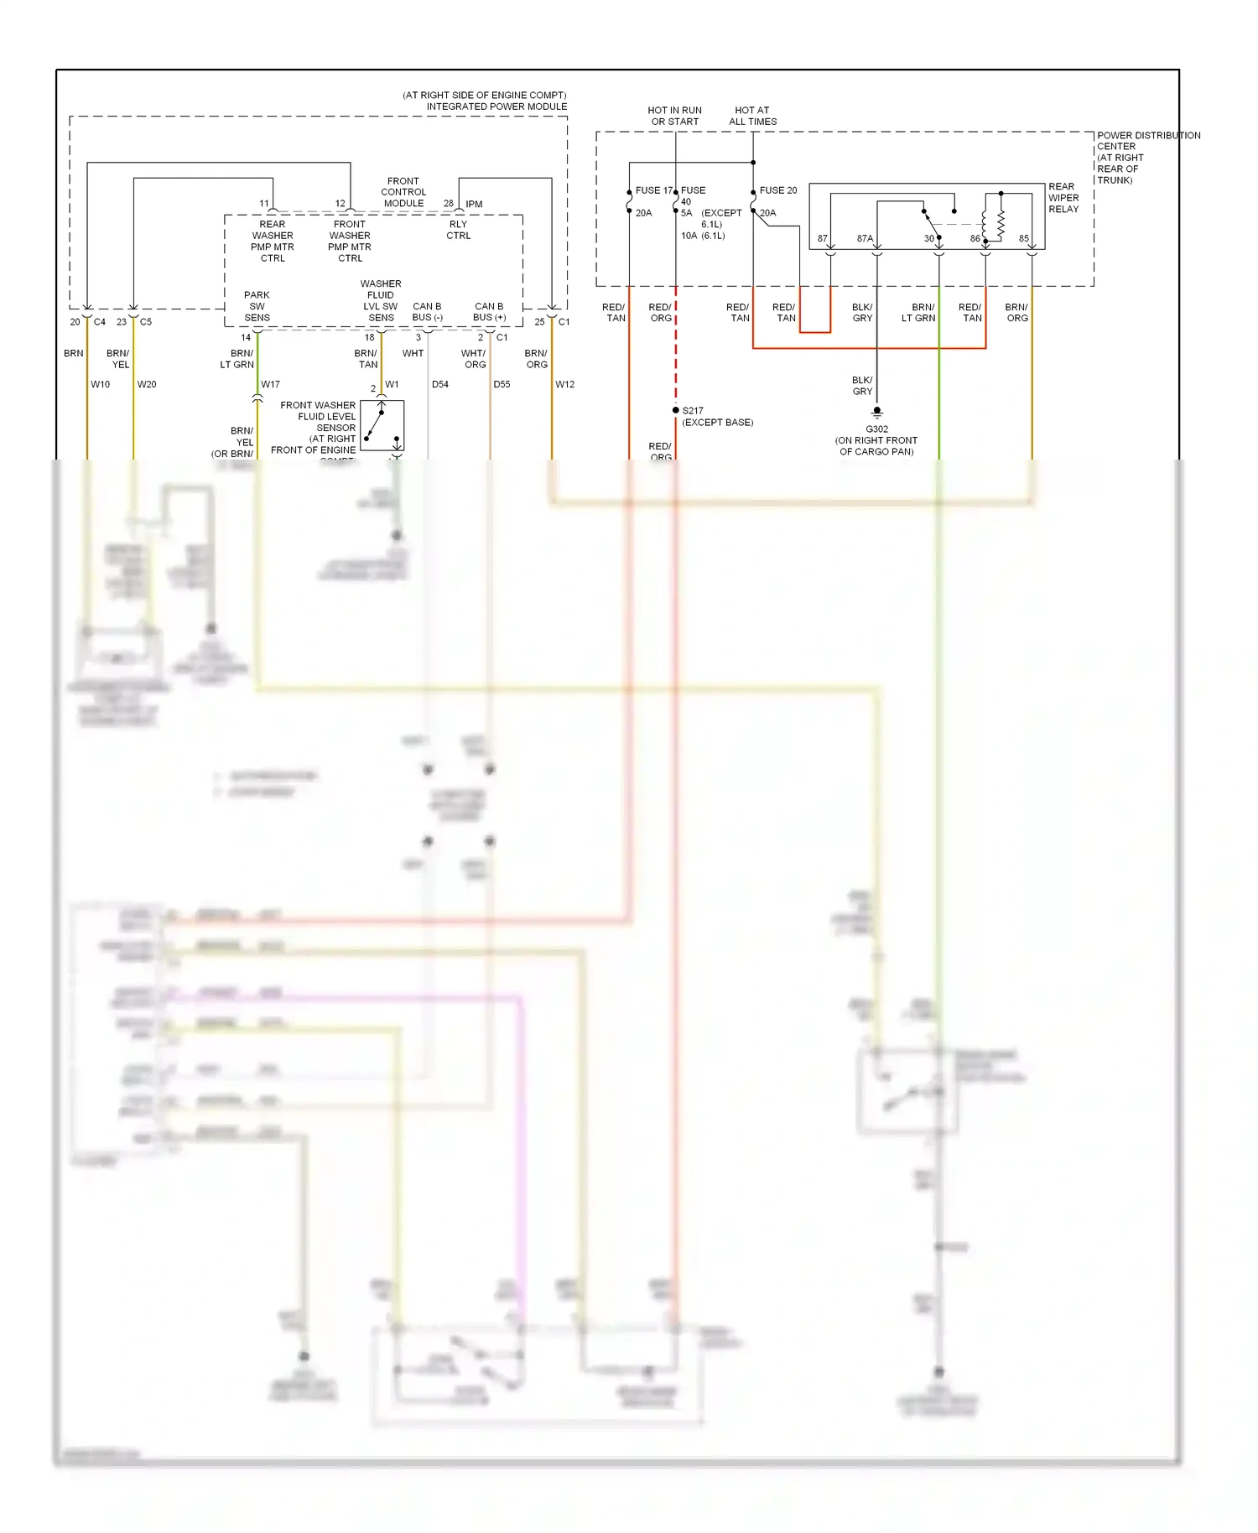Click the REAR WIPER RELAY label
click(1063, 198)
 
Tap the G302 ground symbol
click(876, 413)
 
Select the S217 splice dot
click(675, 410)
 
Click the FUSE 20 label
click(777, 190)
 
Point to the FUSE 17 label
click(652, 190)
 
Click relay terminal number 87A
click(865, 239)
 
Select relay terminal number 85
click(1023, 239)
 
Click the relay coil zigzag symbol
click(1000, 223)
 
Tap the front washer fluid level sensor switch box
click(382, 425)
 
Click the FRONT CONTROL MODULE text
click(403, 192)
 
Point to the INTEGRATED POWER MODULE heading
click(496, 107)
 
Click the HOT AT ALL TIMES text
click(752, 116)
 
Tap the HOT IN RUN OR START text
click(674, 116)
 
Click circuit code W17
click(270, 384)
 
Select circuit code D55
click(502, 384)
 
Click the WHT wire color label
click(413, 353)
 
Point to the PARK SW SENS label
click(257, 306)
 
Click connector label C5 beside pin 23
click(146, 322)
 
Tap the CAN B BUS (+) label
click(489, 312)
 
